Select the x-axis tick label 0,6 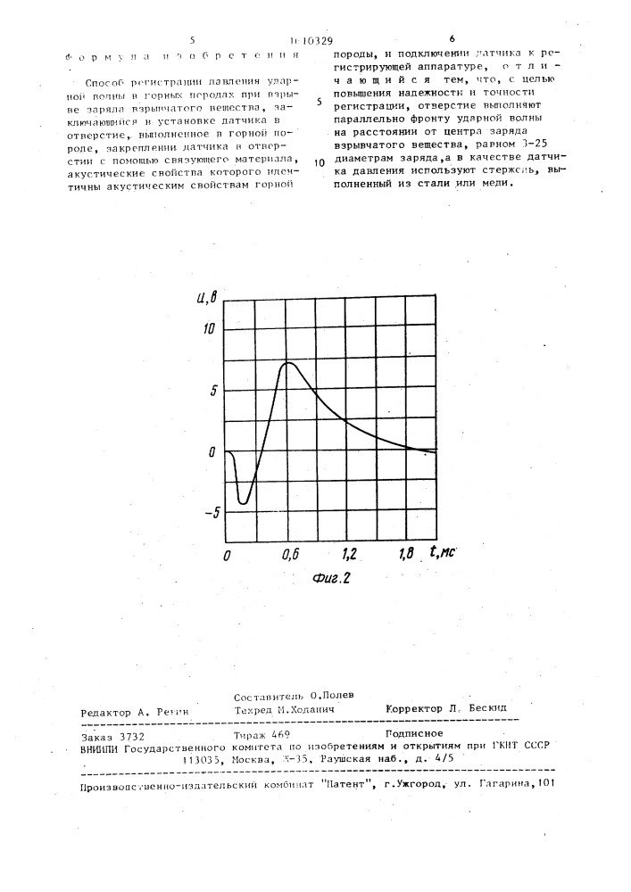point(289,555)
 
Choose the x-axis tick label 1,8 point(407,555)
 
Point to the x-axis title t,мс point(442,553)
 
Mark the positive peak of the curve point(288,362)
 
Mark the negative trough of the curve point(243,503)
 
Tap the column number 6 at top point(452,40)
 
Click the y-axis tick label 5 point(212,390)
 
